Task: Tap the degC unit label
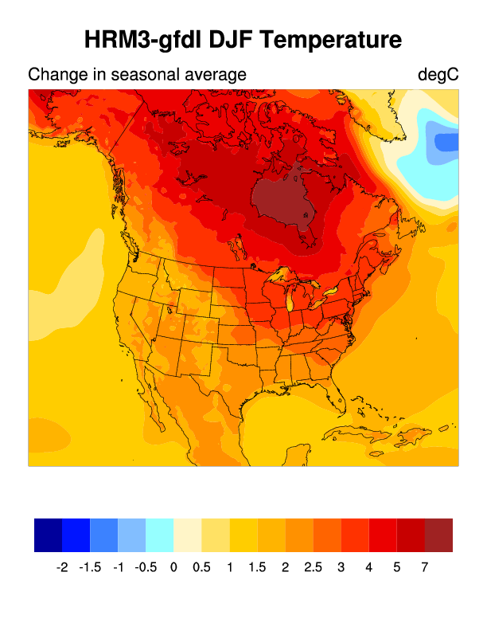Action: [438, 75]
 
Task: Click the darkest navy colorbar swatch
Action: [48, 535]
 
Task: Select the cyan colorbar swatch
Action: [159, 535]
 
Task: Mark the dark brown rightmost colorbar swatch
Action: [438, 535]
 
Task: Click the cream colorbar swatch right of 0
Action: [187, 535]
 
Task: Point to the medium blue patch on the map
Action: [447, 143]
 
